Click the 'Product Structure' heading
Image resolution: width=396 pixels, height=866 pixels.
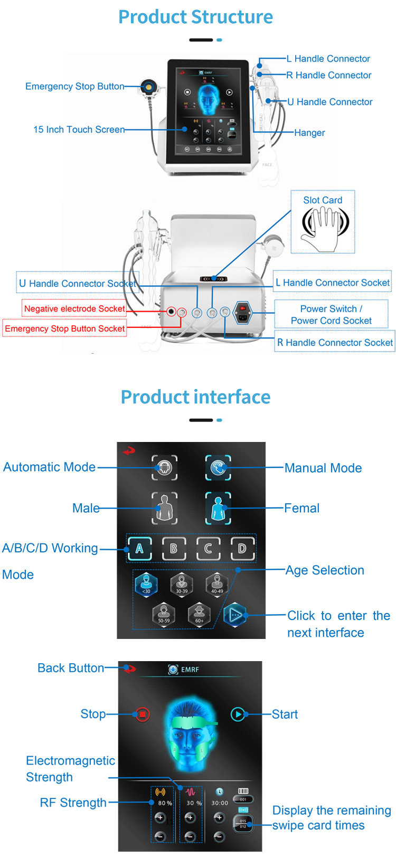click(x=195, y=17)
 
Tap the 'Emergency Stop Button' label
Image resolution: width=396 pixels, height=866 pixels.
click(x=75, y=87)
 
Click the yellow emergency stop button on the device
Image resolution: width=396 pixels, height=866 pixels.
click(x=148, y=87)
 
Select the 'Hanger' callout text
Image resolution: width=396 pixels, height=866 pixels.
click(x=309, y=133)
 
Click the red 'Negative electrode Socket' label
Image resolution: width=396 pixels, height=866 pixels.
click(x=74, y=308)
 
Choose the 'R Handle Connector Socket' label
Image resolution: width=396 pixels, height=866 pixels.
click(x=335, y=343)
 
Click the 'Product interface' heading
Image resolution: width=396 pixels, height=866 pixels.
click(x=195, y=397)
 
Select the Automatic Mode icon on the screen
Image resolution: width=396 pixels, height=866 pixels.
click(x=165, y=468)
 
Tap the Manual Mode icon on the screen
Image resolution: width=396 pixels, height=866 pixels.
click(x=218, y=467)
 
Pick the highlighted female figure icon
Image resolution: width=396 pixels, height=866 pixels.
click(x=218, y=509)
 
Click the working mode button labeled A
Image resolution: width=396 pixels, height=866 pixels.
click(x=140, y=549)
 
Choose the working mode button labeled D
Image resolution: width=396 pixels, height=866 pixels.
click(x=242, y=549)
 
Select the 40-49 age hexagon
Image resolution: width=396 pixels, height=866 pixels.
click(x=217, y=585)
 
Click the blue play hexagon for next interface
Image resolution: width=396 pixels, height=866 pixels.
click(x=235, y=615)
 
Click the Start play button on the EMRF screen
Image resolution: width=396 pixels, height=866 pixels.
click(x=238, y=714)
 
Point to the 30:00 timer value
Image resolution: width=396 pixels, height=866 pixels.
click(x=220, y=803)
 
